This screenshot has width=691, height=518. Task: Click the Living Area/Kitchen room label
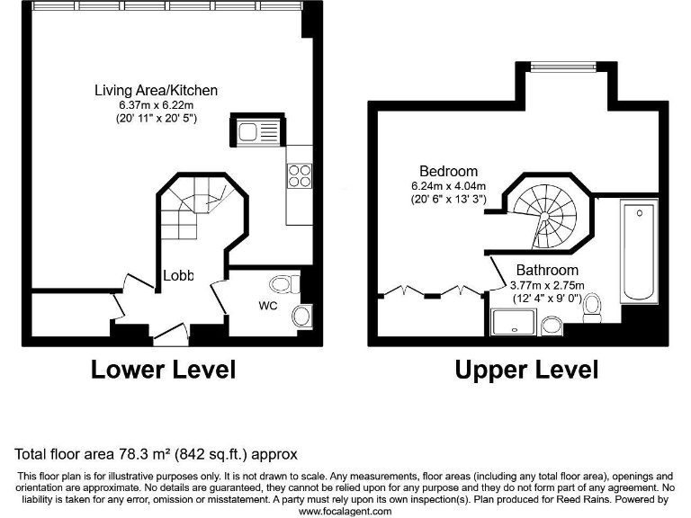click(x=157, y=90)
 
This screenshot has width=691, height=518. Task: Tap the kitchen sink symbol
click(x=249, y=131)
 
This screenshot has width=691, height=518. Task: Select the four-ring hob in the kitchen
click(x=299, y=175)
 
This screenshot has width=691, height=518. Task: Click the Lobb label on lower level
click(x=178, y=276)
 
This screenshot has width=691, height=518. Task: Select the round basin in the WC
click(x=302, y=317)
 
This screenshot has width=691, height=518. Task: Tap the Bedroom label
click(x=448, y=171)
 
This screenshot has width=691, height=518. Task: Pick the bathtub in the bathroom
click(x=639, y=252)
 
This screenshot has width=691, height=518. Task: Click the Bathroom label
click(x=547, y=270)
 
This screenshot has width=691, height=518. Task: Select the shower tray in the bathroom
click(x=514, y=323)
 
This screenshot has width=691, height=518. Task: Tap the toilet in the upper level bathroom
click(x=593, y=311)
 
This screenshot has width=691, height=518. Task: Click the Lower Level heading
click(x=163, y=369)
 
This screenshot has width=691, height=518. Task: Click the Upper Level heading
click(x=526, y=369)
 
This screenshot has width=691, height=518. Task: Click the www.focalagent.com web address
click(x=345, y=511)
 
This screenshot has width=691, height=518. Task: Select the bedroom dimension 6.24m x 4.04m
click(x=448, y=186)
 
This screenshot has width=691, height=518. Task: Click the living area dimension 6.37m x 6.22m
click(x=157, y=104)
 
